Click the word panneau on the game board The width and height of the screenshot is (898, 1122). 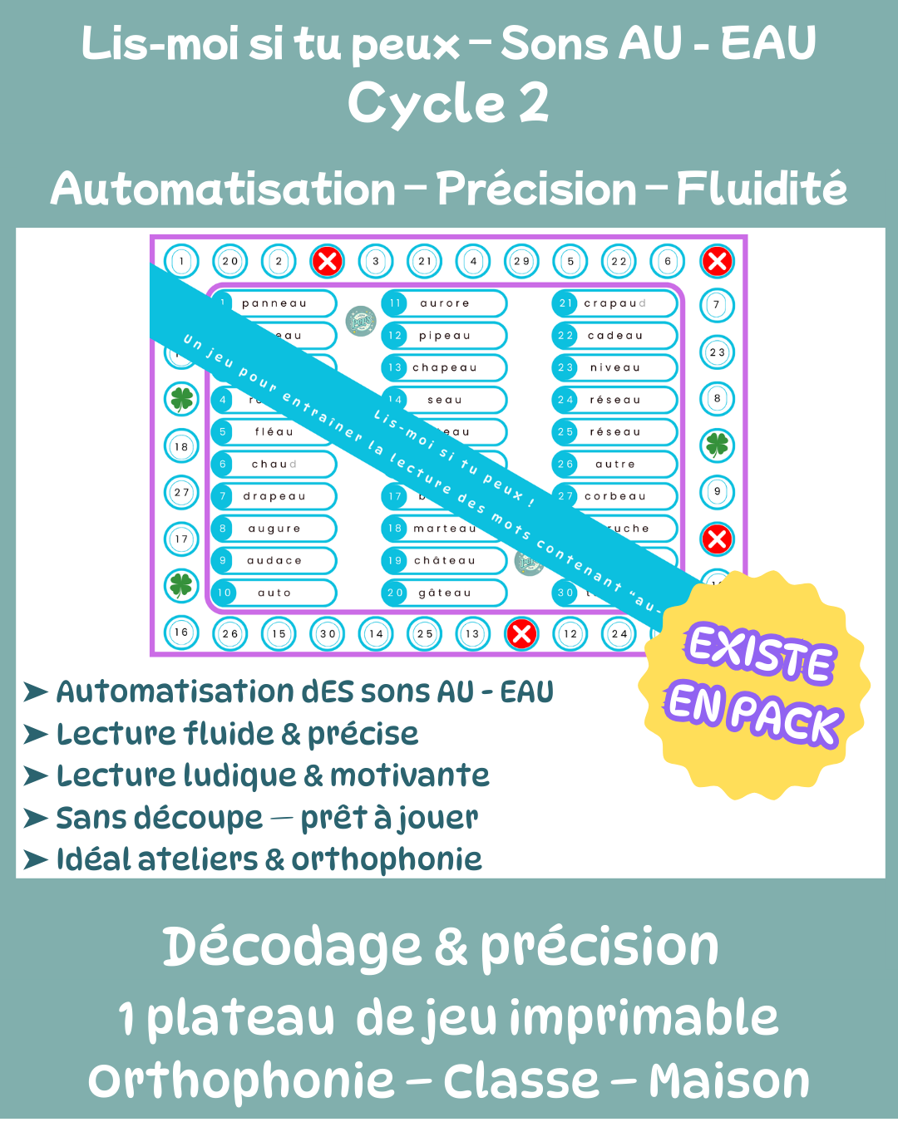click(x=274, y=304)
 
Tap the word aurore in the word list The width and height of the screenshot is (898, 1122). click(x=445, y=304)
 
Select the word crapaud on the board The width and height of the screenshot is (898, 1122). click(x=614, y=304)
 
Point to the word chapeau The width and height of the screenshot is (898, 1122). click(x=445, y=368)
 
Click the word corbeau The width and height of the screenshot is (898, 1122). click(x=615, y=497)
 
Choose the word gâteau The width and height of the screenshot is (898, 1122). click(x=445, y=593)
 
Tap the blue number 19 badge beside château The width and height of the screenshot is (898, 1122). click(x=395, y=561)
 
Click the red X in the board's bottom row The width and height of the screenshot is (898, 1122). click(x=521, y=634)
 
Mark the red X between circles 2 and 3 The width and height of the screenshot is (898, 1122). click(x=328, y=262)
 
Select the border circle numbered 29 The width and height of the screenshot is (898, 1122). click(x=521, y=262)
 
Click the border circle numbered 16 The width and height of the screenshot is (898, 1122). click(x=181, y=632)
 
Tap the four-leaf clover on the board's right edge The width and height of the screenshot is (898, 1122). click(x=717, y=445)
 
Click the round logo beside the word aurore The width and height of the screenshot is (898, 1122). click(x=361, y=320)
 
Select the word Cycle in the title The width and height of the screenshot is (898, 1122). click(x=426, y=104)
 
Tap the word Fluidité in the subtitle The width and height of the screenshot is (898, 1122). click(x=762, y=189)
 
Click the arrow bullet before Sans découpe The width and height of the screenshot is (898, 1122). click(x=35, y=819)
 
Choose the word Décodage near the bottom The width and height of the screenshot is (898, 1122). click(x=291, y=947)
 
